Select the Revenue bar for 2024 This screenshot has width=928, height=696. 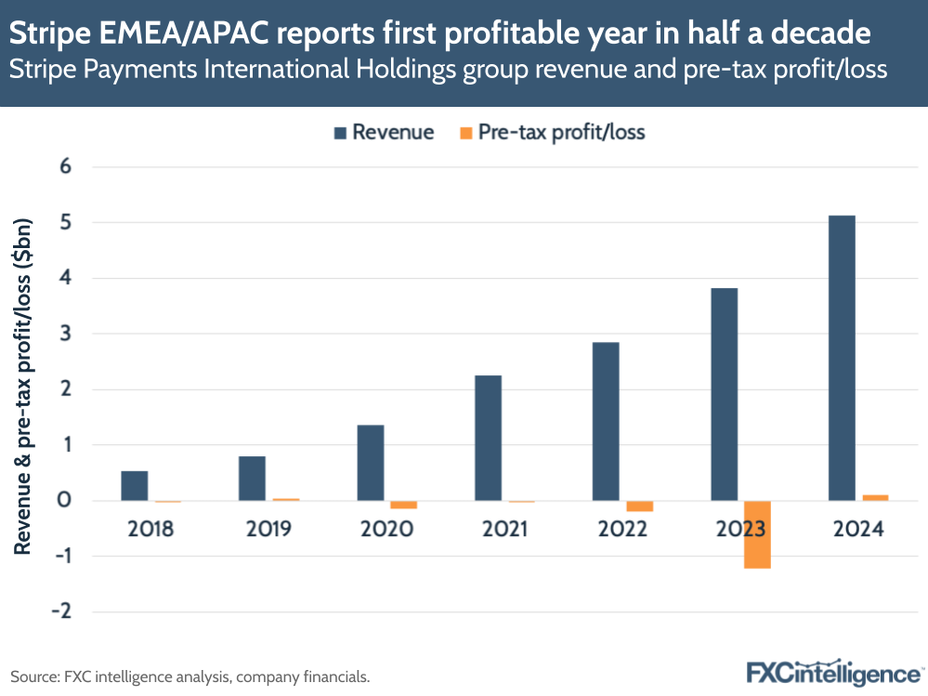tap(842, 358)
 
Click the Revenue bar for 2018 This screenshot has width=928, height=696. tap(135, 486)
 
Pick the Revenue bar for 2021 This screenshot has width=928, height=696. tap(488, 438)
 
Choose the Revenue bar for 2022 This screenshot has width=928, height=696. tap(606, 421)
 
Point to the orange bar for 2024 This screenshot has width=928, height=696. tap(875, 498)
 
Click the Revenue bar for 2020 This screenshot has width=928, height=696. tap(370, 463)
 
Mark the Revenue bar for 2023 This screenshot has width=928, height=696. tap(724, 394)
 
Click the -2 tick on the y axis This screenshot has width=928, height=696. tap(63, 611)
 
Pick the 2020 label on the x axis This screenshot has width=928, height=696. tap(386, 530)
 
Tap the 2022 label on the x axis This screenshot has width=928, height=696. tap(622, 530)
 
